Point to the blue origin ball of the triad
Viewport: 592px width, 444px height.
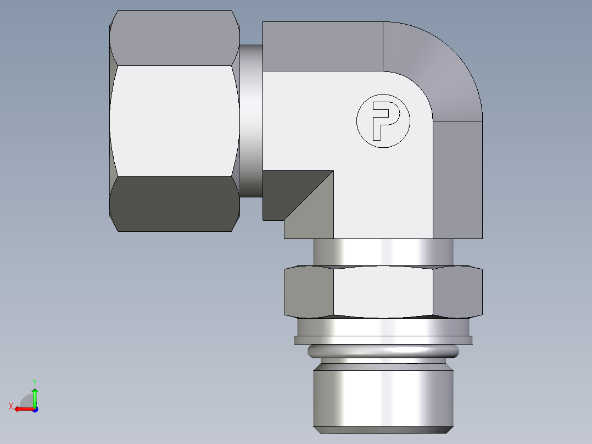(x=35, y=409)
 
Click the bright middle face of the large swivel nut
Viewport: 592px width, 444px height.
(x=175, y=121)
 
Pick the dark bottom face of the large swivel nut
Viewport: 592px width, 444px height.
(x=175, y=203)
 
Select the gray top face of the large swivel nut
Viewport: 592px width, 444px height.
(x=175, y=38)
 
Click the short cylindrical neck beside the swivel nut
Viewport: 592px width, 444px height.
(x=251, y=121)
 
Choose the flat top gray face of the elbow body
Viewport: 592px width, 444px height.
(x=322, y=47)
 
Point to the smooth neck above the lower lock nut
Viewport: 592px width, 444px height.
(x=383, y=252)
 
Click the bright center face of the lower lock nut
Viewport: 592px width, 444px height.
(x=383, y=292)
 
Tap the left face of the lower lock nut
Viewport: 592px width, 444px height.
(x=309, y=292)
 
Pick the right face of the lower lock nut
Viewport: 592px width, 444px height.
(x=457, y=292)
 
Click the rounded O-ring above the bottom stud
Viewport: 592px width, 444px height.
(x=383, y=351)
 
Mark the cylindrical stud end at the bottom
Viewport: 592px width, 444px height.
(x=383, y=398)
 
